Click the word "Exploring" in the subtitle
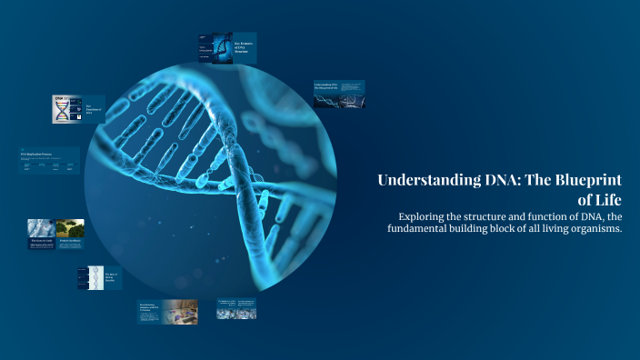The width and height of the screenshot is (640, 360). click(x=425, y=216)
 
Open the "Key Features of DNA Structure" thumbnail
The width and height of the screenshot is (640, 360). click(x=227, y=48)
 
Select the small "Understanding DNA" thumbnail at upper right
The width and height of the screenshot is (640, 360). click(x=339, y=94)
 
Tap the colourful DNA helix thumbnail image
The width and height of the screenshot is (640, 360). click(x=61, y=109)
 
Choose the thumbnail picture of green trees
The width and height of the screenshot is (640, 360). click(x=70, y=228)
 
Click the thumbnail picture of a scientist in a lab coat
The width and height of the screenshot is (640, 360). click(x=41, y=228)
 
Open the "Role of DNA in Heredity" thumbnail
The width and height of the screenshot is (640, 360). click(x=99, y=277)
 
